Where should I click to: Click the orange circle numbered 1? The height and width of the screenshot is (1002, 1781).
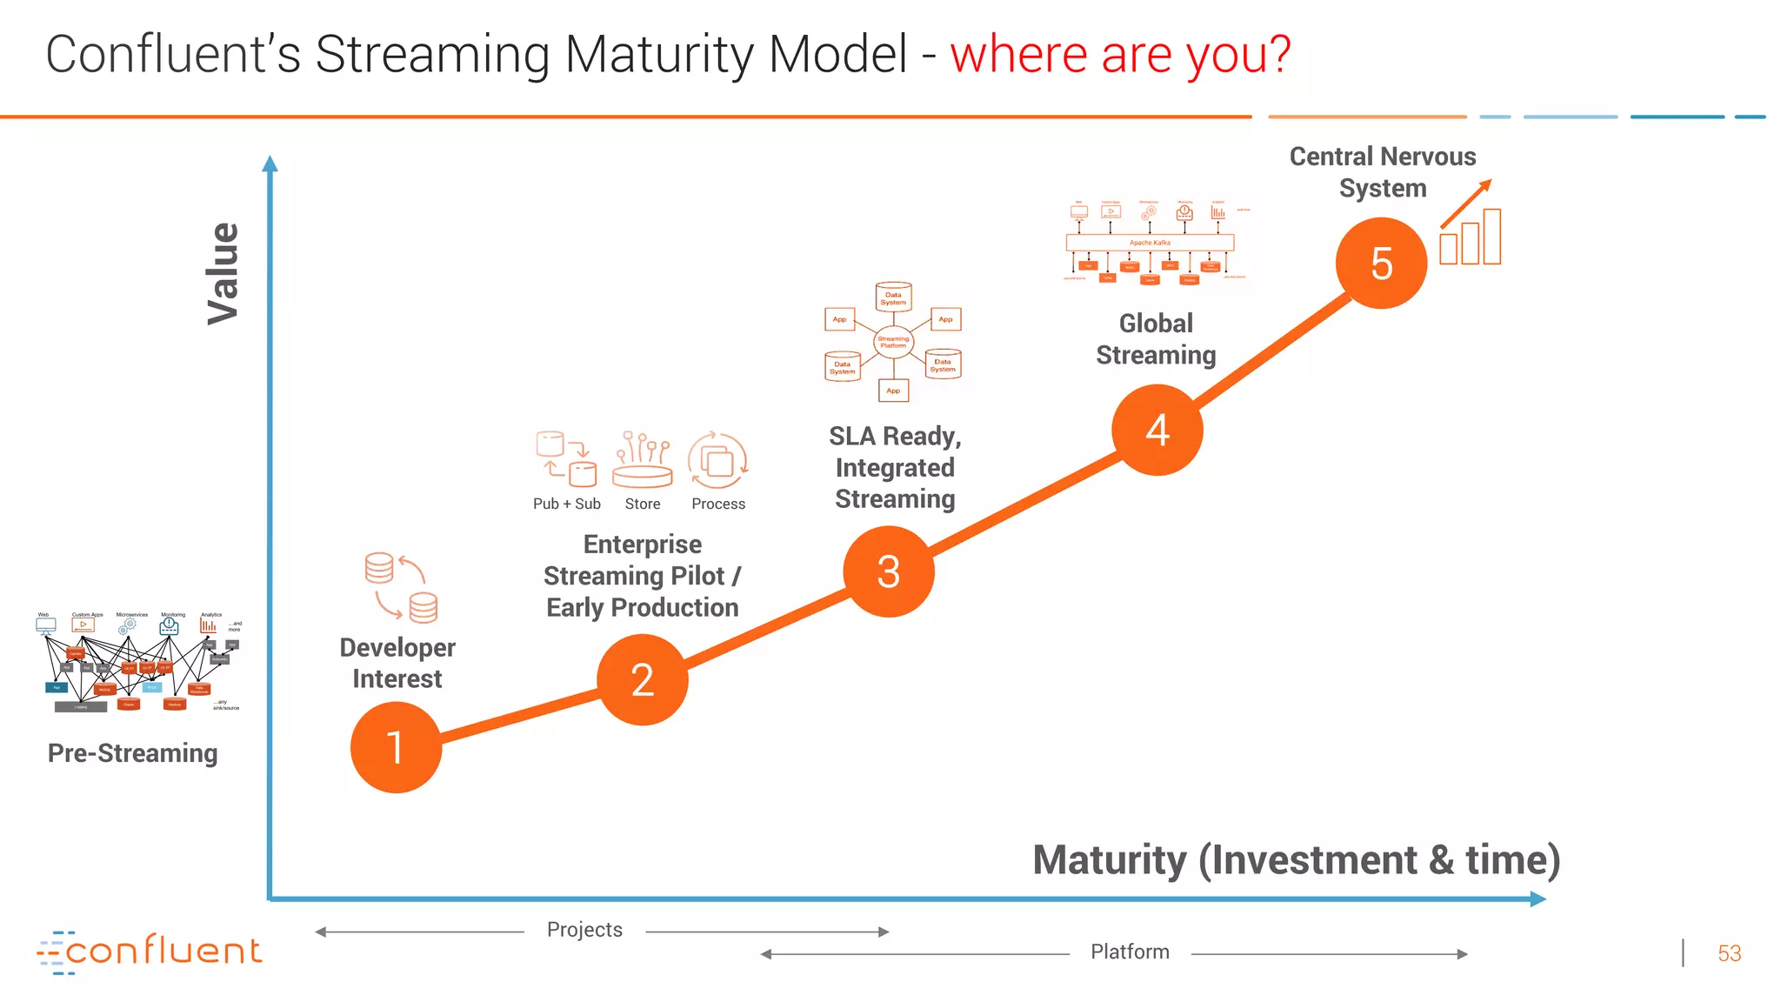pos(396,747)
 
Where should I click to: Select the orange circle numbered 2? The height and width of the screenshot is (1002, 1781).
pos(642,679)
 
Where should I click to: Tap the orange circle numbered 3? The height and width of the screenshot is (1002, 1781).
pos(888,571)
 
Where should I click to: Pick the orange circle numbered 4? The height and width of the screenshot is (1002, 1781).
pos(1157,430)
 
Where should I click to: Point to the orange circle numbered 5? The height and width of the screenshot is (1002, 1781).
pos(1381,263)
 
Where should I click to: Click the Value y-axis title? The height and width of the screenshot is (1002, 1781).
pos(223,273)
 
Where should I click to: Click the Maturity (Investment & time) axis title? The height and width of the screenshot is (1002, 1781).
pos(1296,859)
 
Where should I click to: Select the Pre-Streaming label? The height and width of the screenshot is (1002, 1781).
pos(132,752)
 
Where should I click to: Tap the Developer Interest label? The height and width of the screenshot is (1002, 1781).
pos(397,663)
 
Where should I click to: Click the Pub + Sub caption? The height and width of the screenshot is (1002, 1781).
pos(566,504)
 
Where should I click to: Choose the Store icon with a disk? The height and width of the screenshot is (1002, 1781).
pos(642,459)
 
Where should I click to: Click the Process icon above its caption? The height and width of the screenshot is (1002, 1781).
pos(717,460)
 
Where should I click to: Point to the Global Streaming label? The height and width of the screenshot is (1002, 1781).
pos(1156,339)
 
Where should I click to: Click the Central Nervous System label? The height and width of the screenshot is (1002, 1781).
pos(1382,172)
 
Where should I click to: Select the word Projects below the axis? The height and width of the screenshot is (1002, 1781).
pos(584,930)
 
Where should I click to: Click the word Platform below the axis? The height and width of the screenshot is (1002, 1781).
pos(1130,952)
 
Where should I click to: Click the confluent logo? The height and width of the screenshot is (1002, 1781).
pos(150,952)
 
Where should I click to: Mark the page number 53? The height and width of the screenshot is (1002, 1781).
pos(1729,953)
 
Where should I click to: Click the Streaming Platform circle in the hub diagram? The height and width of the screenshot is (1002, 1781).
pos(893,342)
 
